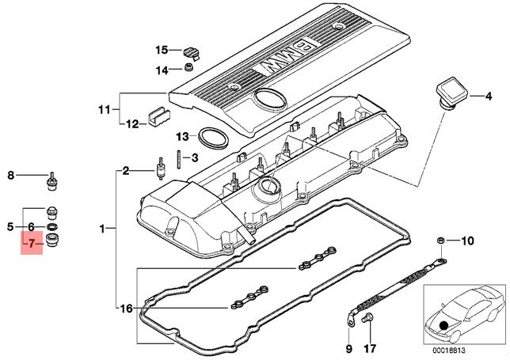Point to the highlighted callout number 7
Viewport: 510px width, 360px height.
pos(31,244)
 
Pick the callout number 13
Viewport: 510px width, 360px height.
pos(181,135)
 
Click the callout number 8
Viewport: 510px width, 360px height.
pos(11,176)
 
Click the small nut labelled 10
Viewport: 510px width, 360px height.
pos(440,239)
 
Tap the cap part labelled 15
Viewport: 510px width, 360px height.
pos(191,52)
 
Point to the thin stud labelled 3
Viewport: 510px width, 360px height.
pos(181,159)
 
